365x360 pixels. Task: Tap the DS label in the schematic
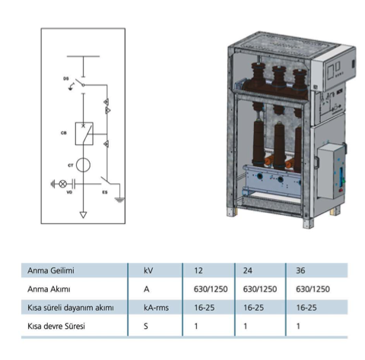pyautogui.click(x=66, y=79)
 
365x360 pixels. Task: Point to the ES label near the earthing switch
pyautogui.click(x=105, y=192)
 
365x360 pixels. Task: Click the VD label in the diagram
pyautogui.click(x=69, y=192)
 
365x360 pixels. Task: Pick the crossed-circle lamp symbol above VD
pyautogui.click(x=63, y=184)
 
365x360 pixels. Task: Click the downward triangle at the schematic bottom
pyautogui.click(x=83, y=215)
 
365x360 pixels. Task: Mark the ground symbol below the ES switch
pyautogui.click(x=119, y=201)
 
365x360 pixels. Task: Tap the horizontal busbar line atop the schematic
pyautogui.click(x=83, y=56)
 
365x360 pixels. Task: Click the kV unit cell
pyautogui.click(x=148, y=270)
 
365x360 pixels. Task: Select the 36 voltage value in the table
pyautogui.click(x=300, y=270)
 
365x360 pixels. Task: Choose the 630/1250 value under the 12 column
pyautogui.click(x=211, y=289)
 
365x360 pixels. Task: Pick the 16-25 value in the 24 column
pyautogui.click(x=253, y=308)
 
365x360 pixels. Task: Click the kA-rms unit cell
pyautogui.click(x=156, y=308)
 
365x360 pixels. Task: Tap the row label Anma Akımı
pyautogui.click(x=49, y=289)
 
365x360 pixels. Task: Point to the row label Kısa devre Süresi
pyautogui.click(x=56, y=326)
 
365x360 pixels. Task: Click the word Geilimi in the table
pyautogui.click(x=62, y=270)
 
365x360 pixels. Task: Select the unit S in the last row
pyautogui.click(x=146, y=326)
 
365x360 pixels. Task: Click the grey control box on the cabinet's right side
pyautogui.click(x=331, y=171)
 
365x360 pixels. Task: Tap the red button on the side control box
pyautogui.click(x=341, y=190)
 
